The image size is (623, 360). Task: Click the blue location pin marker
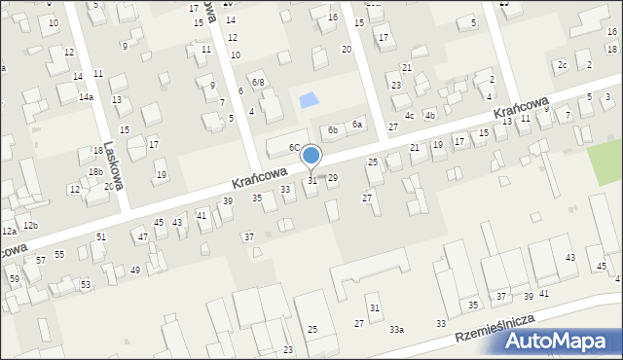tap(311, 156)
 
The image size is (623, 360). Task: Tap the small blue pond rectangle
tap(307, 99)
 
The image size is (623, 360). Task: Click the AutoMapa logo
tap(561, 342)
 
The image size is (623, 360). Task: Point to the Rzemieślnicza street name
tap(506, 328)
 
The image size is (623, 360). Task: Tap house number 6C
tap(294, 148)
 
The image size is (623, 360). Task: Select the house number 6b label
tap(332, 129)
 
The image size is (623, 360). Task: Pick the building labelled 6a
tap(357, 124)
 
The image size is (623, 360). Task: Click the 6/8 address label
tap(258, 83)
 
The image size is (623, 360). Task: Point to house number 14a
tap(86, 97)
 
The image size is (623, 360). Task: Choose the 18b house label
tap(95, 171)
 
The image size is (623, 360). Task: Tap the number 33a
tap(396, 330)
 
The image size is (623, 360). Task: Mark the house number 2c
tap(563, 65)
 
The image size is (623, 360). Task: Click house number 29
tap(332, 178)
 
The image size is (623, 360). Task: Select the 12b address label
tap(31, 225)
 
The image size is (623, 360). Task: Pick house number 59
tap(14, 279)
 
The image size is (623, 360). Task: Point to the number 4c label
tap(410, 116)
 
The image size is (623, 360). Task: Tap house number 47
tap(142, 237)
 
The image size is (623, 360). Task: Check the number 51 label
tap(101, 237)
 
